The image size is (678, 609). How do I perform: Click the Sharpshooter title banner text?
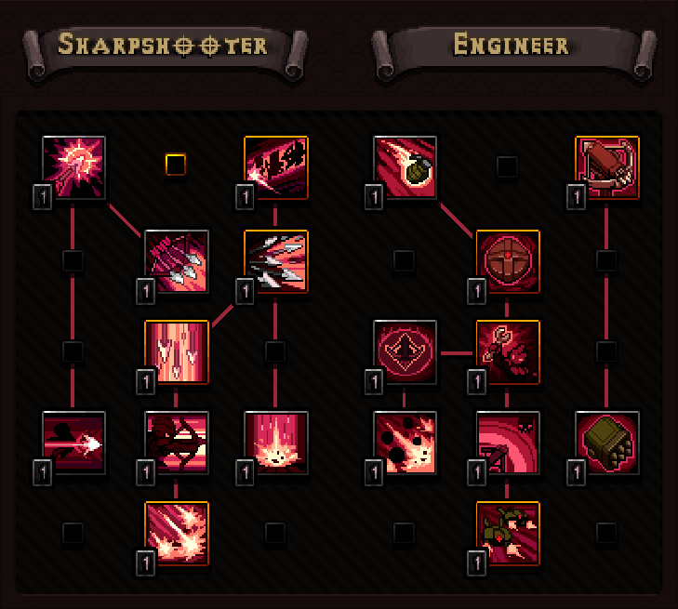point(163,44)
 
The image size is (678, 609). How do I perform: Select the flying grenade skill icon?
point(405,167)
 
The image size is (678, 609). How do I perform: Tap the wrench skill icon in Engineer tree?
point(508,351)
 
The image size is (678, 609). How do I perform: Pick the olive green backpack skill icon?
point(606,443)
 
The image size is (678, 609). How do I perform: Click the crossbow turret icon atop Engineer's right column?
point(606,167)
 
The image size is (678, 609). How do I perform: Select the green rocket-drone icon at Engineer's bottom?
point(508,533)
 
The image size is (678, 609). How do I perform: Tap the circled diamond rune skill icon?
point(405,351)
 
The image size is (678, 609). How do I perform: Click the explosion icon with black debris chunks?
point(405,443)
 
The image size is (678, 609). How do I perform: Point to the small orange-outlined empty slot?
point(175,165)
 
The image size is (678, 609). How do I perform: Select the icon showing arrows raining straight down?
point(177,351)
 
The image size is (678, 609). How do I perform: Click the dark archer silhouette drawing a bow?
point(177,443)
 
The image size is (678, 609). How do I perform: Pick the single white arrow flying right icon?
point(74,443)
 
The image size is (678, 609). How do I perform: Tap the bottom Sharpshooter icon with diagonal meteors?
point(177,533)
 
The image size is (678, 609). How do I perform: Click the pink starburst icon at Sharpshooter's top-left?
point(74,167)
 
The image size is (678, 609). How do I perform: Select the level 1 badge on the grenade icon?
point(372,196)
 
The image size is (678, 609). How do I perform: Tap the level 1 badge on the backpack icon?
point(574,471)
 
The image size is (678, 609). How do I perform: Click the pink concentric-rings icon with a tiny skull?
point(508,443)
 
